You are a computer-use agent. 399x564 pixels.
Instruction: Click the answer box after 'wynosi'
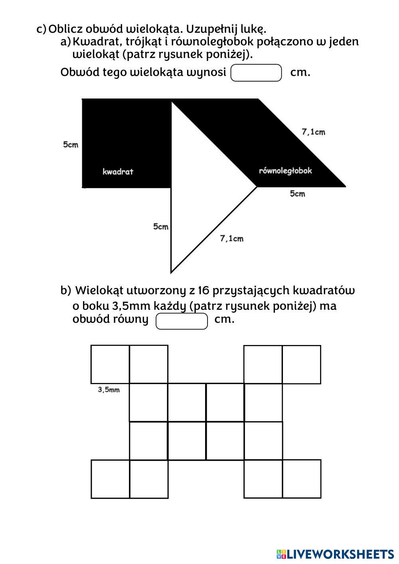tap(256, 73)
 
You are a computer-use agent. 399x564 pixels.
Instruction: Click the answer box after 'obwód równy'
tap(182, 321)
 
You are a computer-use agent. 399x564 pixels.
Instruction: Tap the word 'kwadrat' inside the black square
tap(118, 172)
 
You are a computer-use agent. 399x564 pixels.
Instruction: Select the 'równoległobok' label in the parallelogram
tap(285, 171)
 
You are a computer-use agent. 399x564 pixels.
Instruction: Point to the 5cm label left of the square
tap(71, 144)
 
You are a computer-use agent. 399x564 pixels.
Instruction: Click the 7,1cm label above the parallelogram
tap(313, 132)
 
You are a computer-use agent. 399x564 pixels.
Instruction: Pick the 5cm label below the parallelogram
tap(297, 194)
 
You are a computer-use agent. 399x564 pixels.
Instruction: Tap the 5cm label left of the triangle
tap(161, 227)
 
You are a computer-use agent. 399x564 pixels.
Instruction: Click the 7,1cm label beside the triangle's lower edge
tap(231, 239)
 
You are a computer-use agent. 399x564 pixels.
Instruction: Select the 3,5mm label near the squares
tap(109, 390)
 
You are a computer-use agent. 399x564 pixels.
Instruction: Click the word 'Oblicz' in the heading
tap(65, 29)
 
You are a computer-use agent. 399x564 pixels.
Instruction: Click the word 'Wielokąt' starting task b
tap(99, 290)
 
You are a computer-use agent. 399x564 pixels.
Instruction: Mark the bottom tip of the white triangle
tap(171, 273)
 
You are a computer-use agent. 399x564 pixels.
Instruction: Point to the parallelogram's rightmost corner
tap(345, 186)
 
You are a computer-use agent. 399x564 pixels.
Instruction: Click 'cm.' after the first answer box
tap(300, 73)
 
